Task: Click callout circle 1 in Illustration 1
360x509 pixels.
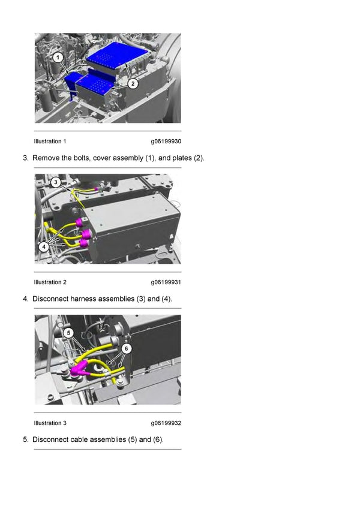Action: pyautogui.click(x=57, y=58)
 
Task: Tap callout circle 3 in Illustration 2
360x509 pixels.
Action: pyautogui.click(x=55, y=182)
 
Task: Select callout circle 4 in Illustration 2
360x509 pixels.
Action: pyautogui.click(x=43, y=246)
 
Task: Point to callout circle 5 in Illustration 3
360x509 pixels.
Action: pyautogui.click(x=68, y=332)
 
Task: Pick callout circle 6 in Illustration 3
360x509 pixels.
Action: pyautogui.click(x=127, y=348)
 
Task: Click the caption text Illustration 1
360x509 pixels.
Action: pyautogui.click(x=50, y=141)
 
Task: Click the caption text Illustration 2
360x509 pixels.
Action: pyautogui.click(x=50, y=282)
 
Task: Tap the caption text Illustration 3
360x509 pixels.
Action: pyautogui.click(x=50, y=423)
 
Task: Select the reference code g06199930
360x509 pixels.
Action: pyautogui.click(x=166, y=141)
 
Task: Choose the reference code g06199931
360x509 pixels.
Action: pyautogui.click(x=166, y=282)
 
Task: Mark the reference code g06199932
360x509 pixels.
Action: pyautogui.click(x=166, y=423)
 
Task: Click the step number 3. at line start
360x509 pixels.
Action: pyautogui.click(x=26, y=158)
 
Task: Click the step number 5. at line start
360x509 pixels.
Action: pyautogui.click(x=26, y=439)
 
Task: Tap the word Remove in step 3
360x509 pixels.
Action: pyautogui.click(x=46, y=158)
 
